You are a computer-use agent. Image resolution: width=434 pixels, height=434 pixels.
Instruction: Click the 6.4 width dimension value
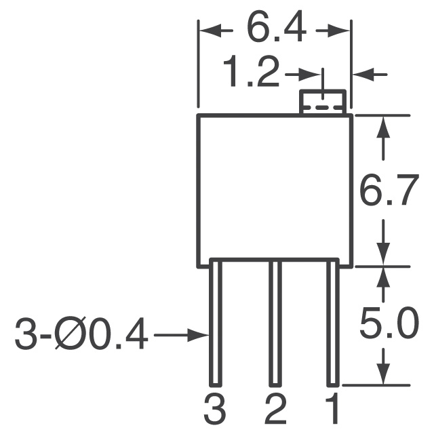pyautogui.click(x=275, y=29)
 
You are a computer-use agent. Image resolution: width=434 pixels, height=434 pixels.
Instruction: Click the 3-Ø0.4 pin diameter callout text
pyautogui.click(x=81, y=335)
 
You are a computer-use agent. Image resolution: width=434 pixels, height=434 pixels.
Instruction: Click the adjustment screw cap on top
pyautogui.click(x=323, y=102)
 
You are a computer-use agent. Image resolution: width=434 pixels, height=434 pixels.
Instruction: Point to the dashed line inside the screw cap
pyautogui.click(x=323, y=106)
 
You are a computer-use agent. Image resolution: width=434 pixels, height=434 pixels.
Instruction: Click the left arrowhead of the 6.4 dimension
pyautogui.click(x=205, y=30)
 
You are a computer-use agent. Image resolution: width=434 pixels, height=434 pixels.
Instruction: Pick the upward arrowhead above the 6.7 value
pyautogui.click(x=384, y=125)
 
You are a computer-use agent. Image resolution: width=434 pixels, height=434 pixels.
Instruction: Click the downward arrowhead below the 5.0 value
pyautogui.click(x=384, y=374)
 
